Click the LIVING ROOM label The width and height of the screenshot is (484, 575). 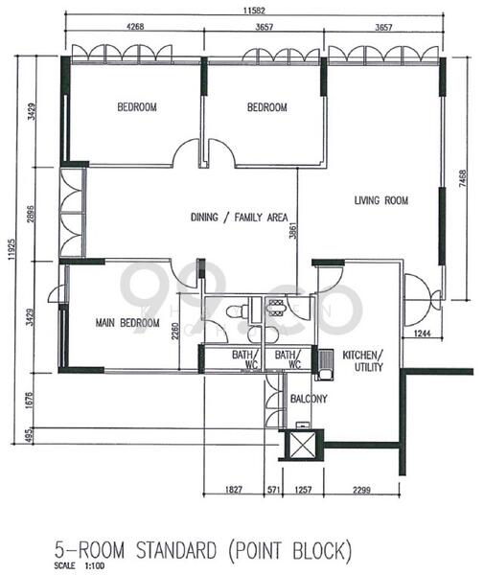381,200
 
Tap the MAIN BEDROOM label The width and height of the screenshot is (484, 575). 127,323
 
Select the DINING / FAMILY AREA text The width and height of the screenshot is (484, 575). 239,217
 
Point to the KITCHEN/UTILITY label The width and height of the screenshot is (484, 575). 363,360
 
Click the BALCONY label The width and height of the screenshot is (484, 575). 309,399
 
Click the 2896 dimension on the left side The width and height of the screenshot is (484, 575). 33,213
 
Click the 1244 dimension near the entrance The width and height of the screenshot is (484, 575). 423,333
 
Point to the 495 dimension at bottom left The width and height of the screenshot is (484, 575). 33,436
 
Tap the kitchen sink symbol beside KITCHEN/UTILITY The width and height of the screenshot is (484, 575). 326,362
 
